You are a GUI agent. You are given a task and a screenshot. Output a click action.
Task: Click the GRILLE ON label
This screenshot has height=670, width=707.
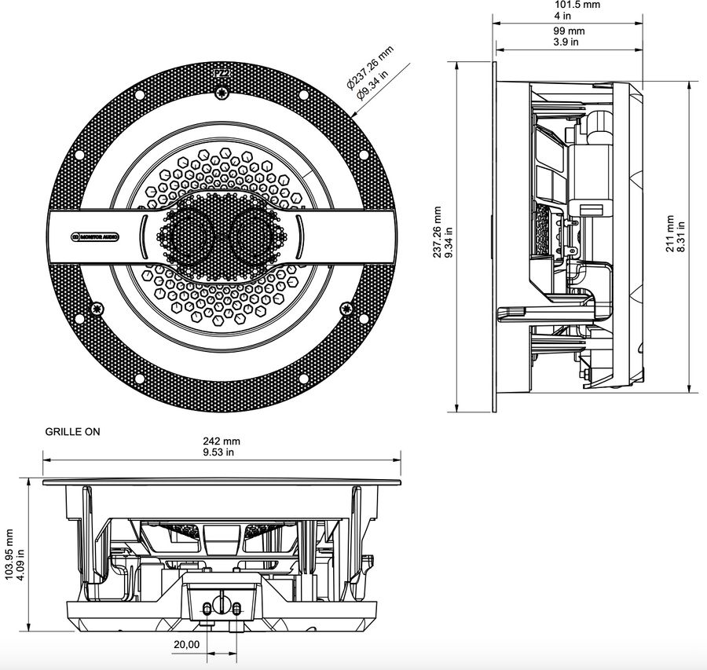pos(72,432)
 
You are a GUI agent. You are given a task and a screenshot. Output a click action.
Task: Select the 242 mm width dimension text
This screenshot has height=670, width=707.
pos(221,442)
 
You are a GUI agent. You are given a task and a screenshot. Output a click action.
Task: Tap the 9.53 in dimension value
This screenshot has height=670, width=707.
pos(221,453)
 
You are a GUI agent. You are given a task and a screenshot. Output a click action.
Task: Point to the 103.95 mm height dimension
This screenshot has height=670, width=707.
pos(9,554)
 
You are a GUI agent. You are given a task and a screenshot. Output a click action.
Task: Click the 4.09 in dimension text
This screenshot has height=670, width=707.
pos(21,554)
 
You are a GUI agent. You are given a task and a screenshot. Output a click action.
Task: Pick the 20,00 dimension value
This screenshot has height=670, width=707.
pos(185,643)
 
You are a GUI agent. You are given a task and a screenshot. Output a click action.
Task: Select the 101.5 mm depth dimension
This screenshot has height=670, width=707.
pos(577,5)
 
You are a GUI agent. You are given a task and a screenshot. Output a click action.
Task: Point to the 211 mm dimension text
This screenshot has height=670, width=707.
pos(669,233)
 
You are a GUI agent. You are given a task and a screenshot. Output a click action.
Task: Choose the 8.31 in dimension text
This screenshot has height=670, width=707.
pos(681,233)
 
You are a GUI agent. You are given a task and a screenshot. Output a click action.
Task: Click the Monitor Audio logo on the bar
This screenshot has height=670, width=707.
pos(95,236)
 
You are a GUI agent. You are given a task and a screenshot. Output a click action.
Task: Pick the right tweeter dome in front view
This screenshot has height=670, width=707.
pos(256,235)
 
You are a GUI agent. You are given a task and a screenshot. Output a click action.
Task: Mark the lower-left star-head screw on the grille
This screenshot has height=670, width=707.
pos(97,308)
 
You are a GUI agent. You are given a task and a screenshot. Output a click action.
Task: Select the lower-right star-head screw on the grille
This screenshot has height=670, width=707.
pos(346,308)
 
